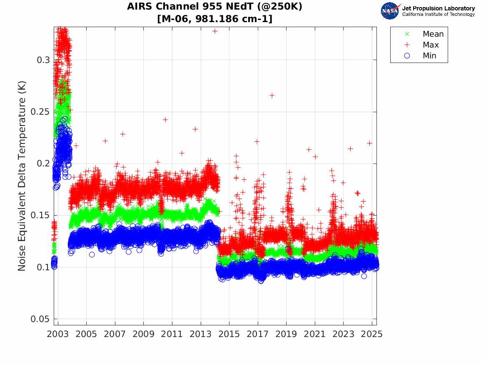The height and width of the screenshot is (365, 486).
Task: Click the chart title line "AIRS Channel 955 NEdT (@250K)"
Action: click(214, 7)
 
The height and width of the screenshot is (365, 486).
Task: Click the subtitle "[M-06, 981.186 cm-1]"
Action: click(214, 19)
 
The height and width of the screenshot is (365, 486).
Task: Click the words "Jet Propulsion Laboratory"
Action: click(438, 8)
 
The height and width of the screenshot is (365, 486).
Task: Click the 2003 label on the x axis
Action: click(58, 334)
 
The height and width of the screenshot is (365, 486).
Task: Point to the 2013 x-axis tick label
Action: click(201, 334)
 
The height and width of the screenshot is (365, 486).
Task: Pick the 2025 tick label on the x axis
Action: click(372, 334)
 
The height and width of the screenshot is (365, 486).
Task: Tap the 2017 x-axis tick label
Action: click(258, 334)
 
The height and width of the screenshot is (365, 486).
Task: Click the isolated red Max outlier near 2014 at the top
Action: click(215, 31)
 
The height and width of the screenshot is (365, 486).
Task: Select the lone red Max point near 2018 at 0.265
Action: click(272, 95)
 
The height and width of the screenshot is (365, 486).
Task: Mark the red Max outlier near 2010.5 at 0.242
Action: click(165, 119)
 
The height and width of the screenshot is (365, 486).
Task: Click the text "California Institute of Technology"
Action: click(438, 15)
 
